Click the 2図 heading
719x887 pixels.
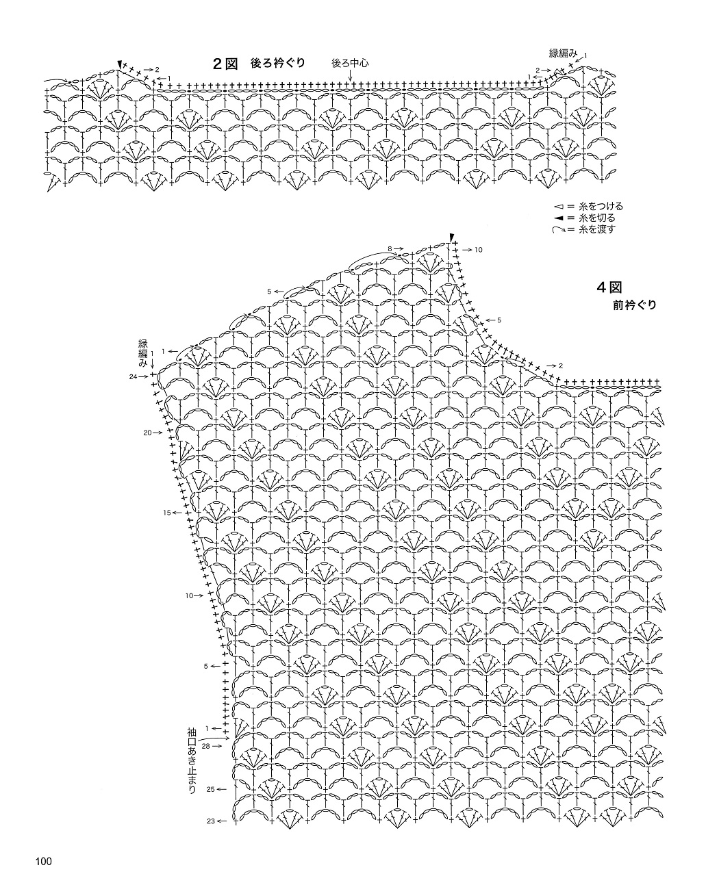pyautogui.click(x=225, y=64)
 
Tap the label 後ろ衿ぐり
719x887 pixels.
pyautogui.click(x=278, y=63)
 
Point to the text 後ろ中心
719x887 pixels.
pyautogui.click(x=350, y=63)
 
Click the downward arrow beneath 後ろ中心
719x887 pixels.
pyautogui.click(x=350, y=75)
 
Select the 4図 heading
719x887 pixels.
pyautogui.click(x=609, y=287)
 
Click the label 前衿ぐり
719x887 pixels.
pyautogui.click(x=635, y=305)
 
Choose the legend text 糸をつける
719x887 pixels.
pyautogui.click(x=601, y=206)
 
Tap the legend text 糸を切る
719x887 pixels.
pyautogui.click(x=597, y=218)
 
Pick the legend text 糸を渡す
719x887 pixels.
pyautogui.click(x=597, y=229)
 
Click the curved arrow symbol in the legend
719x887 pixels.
pyautogui.click(x=559, y=228)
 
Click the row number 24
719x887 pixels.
pyautogui.click(x=133, y=377)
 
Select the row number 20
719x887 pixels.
pyautogui.click(x=147, y=433)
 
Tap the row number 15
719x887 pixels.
pyautogui.click(x=167, y=513)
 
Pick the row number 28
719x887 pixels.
pyautogui.click(x=206, y=746)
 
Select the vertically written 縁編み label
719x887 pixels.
pyautogui.click(x=143, y=353)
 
